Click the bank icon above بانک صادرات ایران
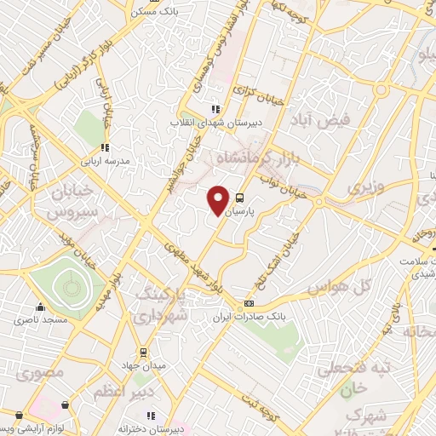pyautogui.click(x=249, y=303)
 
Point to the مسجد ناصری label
pyautogui.click(x=39, y=321)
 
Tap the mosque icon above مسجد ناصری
pyautogui.click(x=39, y=308)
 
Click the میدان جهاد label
pyautogui.click(x=142, y=365)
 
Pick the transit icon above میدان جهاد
pyautogui.click(x=142, y=353)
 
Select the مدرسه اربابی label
pyautogui.click(x=105, y=159)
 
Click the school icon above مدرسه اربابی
pyautogui.click(x=105, y=146)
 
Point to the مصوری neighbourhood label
pyautogui.click(x=32, y=373)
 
